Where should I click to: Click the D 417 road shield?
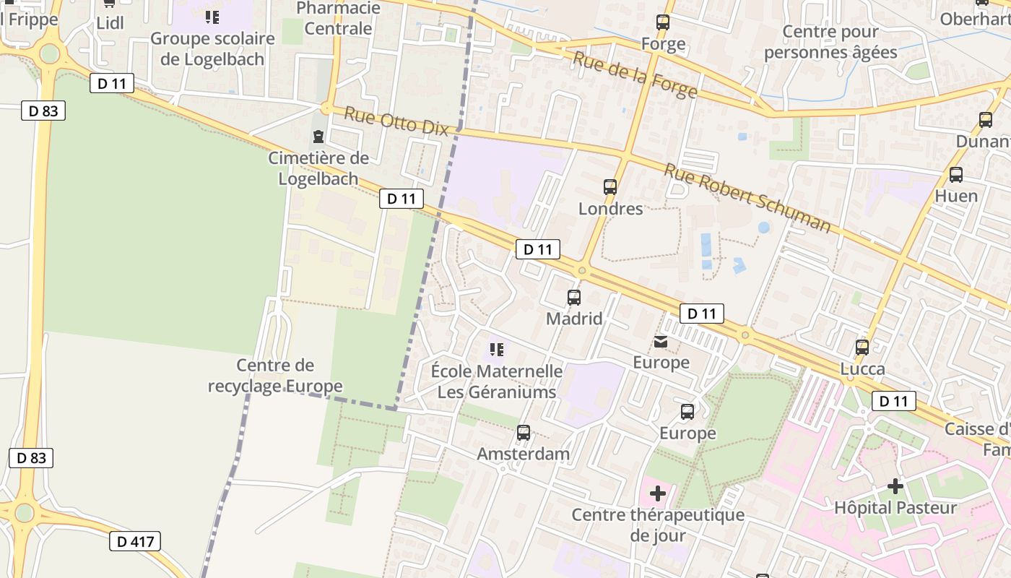pos(135,541)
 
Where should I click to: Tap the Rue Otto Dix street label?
pos(396,121)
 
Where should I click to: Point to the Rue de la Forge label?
pos(635,75)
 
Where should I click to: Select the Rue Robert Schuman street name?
pos(747,197)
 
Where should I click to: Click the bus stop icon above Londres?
pos(610,187)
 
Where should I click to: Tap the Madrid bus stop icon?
pos(574,297)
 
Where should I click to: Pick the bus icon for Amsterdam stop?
pos(524,433)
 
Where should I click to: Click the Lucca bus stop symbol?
pos(862,348)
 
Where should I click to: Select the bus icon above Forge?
pos(663,22)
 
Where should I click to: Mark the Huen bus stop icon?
pos(956,174)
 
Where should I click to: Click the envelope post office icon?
pos(661,341)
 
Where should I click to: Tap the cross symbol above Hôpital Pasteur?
pos(895,486)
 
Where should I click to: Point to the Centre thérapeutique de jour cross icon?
pos(658,493)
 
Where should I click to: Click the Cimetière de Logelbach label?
pos(318,168)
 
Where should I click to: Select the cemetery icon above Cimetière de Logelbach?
pos(318,137)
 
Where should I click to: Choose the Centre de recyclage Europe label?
pos(275,376)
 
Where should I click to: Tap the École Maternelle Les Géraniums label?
pos(497,381)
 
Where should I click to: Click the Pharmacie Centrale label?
pos(338,18)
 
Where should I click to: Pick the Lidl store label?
pos(110,23)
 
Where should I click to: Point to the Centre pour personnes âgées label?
pos(830,42)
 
